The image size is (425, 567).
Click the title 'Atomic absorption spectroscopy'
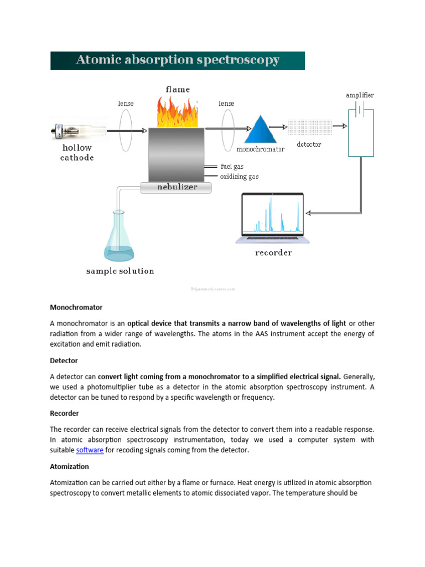pyautogui.click(x=177, y=60)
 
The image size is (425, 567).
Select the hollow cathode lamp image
pyautogui.click(x=77, y=131)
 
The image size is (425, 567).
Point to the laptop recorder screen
pyautogui.click(x=272, y=215)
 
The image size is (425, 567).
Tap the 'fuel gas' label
pyautogui.click(x=232, y=166)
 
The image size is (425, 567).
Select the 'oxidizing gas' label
pyautogui.click(x=239, y=177)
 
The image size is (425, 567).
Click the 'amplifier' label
pyautogui.click(x=360, y=95)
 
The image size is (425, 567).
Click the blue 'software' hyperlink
pyautogui.click(x=90, y=450)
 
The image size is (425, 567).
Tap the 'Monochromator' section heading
pyautogui.click(x=76, y=307)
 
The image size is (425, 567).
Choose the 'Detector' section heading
pyautogui.click(x=64, y=360)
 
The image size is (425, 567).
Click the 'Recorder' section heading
pyautogui.click(x=65, y=414)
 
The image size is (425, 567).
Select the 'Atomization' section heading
pyautogui.click(x=69, y=467)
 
